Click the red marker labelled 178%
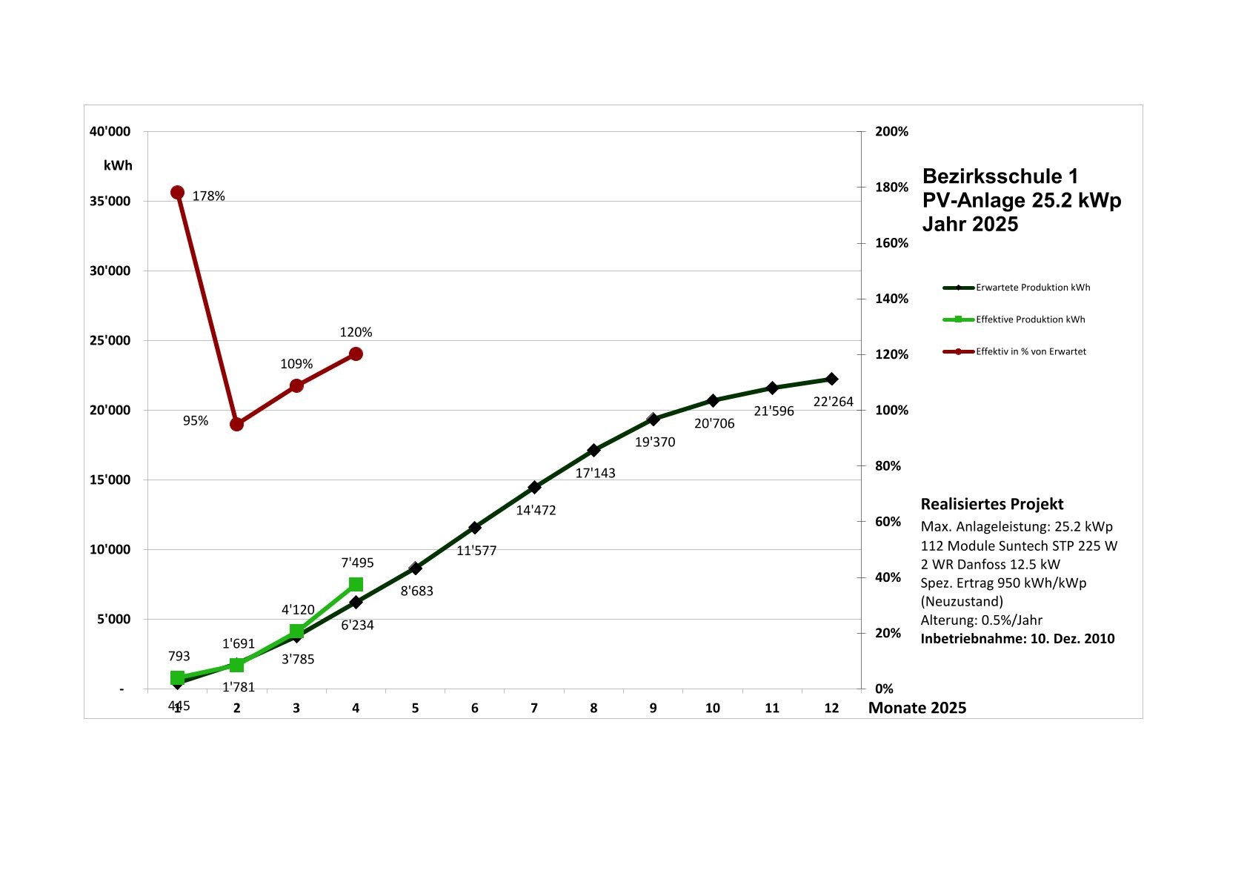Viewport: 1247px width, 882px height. pos(177,193)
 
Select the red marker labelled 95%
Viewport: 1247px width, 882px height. pos(236,424)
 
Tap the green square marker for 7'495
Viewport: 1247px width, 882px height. pos(356,584)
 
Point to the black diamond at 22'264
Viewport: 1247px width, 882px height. pos(831,379)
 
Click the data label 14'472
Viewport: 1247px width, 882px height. pos(536,510)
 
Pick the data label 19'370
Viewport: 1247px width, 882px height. pos(655,442)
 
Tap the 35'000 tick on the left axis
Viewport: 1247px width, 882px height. pos(110,202)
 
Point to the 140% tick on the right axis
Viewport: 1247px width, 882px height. pos(891,299)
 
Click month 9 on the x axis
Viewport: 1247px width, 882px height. pos(653,708)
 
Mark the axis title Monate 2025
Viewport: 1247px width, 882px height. pos(917,708)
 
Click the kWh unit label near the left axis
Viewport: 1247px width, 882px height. pos(118,165)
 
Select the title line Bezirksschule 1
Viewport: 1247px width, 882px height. pos(1000,176)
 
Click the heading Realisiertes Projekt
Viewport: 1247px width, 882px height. pos(991,504)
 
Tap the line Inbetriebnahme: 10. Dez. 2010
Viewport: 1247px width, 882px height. pos(1017,639)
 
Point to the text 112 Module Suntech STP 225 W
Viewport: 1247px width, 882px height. pos(1019,546)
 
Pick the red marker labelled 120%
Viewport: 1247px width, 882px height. pos(356,354)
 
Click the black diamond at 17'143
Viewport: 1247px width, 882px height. pos(593,450)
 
